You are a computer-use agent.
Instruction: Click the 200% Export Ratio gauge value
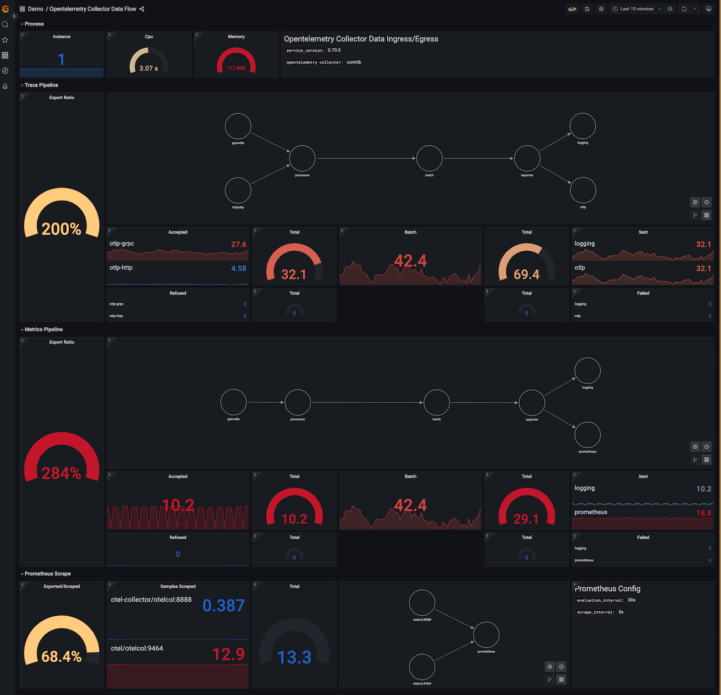[x=62, y=229]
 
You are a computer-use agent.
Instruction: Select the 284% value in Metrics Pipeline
[x=62, y=473]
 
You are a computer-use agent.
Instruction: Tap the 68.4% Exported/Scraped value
[x=62, y=657]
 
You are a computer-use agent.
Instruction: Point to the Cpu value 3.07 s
[x=149, y=68]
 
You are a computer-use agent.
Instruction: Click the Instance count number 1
[x=62, y=59]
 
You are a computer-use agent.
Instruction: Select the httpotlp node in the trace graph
[x=238, y=190]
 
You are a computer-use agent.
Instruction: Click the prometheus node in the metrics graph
[x=587, y=434]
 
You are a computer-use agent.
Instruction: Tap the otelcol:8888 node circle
[x=422, y=603]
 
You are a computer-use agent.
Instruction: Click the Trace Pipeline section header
[x=41, y=85]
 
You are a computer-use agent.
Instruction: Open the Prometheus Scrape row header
[x=48, y=574]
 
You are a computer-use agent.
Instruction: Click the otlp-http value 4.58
[x=238, y=268]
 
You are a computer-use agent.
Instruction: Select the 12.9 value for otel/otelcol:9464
[x=229, y=655]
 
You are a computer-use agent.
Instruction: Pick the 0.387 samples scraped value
[x=224, y=606]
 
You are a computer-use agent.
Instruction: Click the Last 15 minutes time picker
[x=637, y=9]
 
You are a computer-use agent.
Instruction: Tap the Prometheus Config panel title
[x=607, y=589]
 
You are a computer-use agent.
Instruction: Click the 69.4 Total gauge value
[x=526, y=275]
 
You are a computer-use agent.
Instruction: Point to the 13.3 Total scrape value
[x=295, y=657]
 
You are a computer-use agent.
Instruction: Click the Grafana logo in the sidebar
[x=6, y=9]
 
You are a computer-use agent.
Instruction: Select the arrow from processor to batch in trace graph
[x=366, y=159]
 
